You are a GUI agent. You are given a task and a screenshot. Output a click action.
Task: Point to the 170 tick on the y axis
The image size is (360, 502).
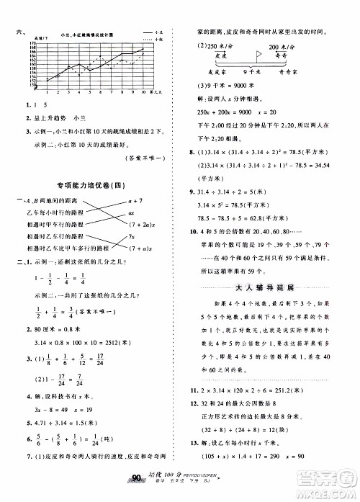coord(33,42)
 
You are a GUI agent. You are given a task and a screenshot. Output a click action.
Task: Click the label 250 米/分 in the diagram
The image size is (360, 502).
coord(222,45)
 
